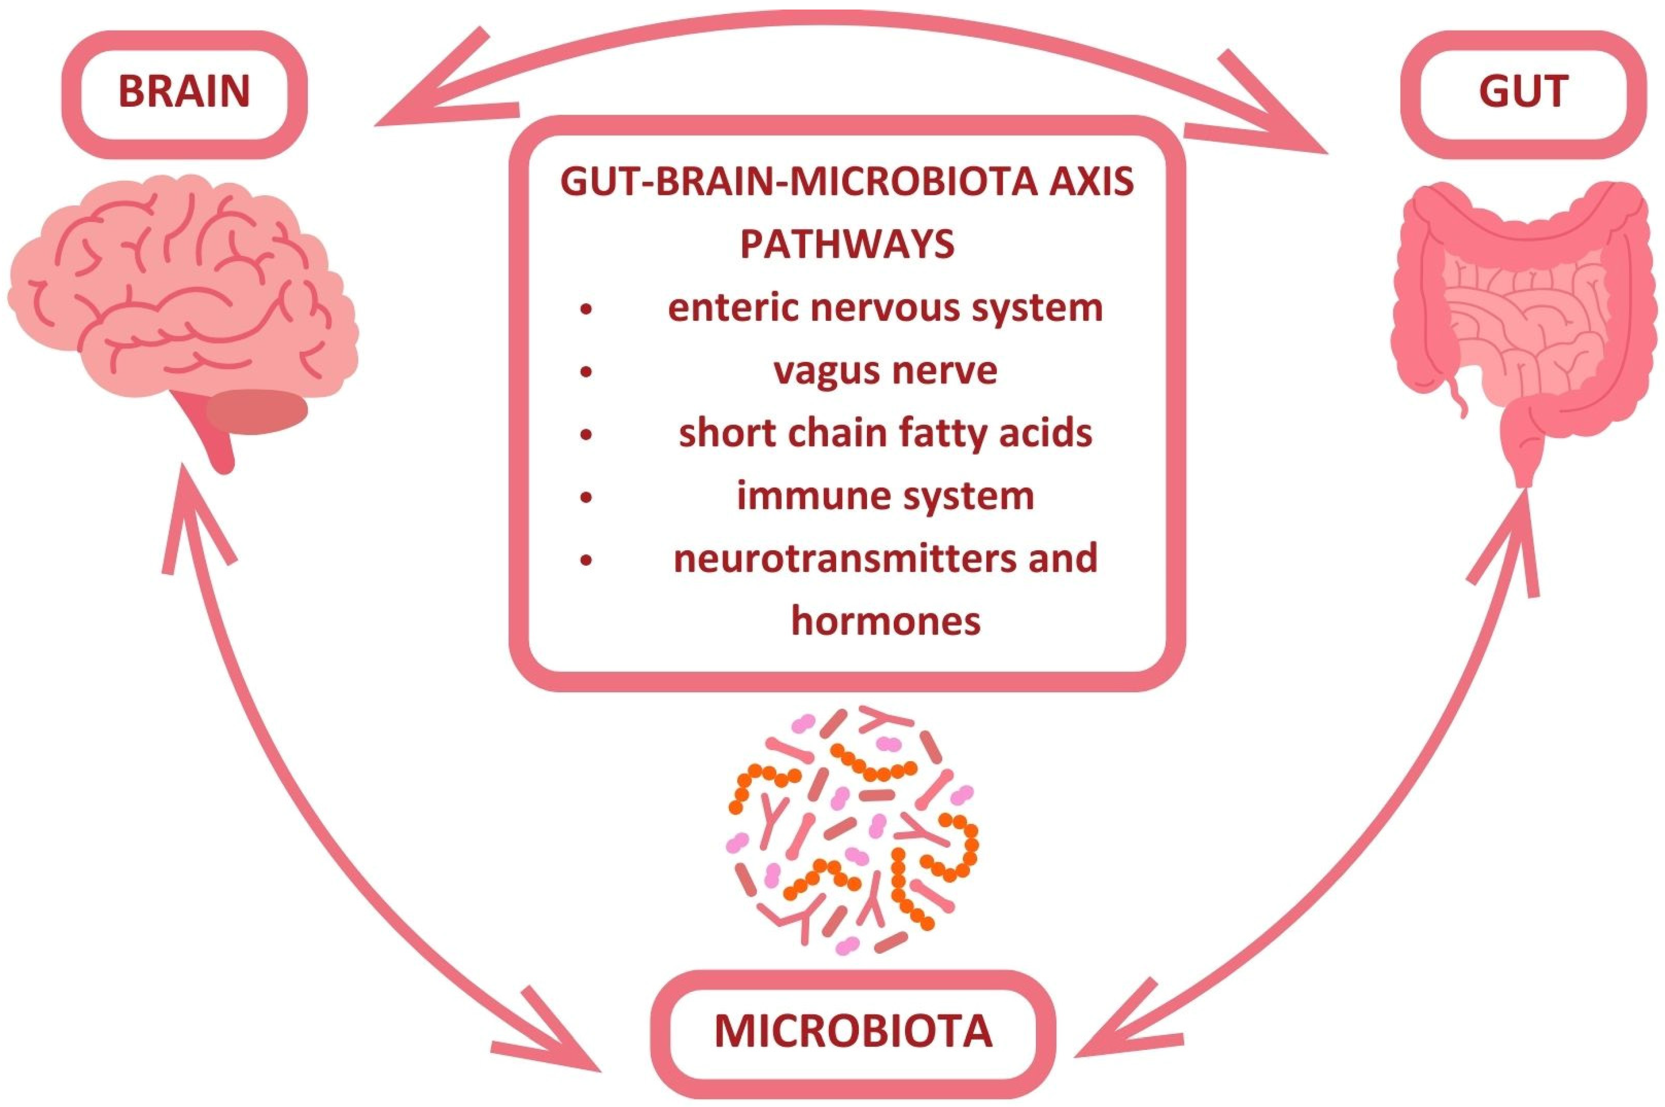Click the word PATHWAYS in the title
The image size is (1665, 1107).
pyautogui.click(x=847, y=244)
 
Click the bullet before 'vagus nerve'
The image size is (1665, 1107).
pyautogui.click(x=586, y=372)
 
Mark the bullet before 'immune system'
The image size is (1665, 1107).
pyautogui.click(x=586, y=497)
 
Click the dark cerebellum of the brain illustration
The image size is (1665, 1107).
pyautogui.click(x=258, y=411)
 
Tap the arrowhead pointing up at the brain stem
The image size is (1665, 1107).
pyautogui.click(x=187, y=508)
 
